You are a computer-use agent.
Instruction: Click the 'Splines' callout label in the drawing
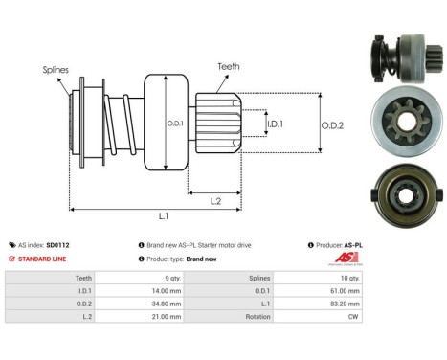tap(56, 70)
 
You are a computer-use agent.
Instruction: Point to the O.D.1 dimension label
tap(176, 122)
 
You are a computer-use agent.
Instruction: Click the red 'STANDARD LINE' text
tap(43, 259)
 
